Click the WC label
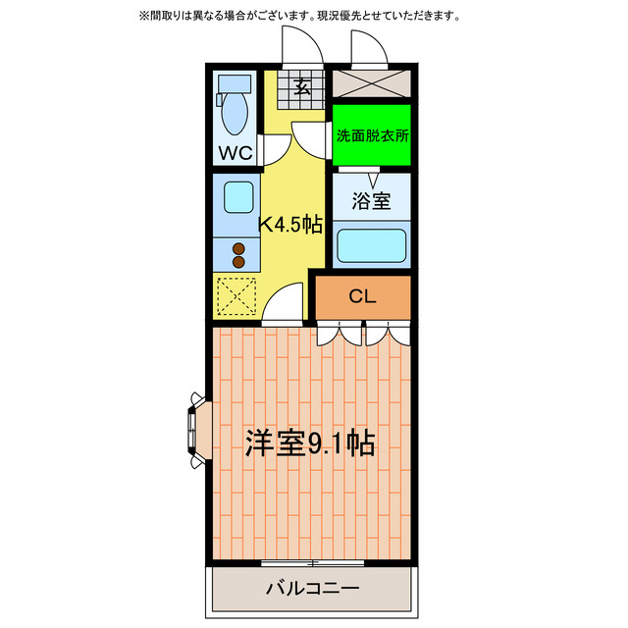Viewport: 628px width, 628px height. pyautogui.click(x=235, y=152)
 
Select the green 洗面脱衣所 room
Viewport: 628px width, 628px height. pyautogui.click(x=371, y=136)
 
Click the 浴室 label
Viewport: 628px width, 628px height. pyautogui.click(x=371, y=201)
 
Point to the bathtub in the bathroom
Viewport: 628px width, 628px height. pyautogui.click(x=371, y=245)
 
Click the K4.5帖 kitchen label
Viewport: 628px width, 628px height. pyautogui.click(x=290, y=224)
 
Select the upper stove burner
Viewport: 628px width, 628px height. pyautogui.click(x=238, y=249)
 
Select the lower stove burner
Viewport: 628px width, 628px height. pyautogui.click(x=238, y=263)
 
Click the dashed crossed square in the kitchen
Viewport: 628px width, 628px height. pyautogui.click(x=236, y=296)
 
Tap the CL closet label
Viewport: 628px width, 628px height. pyautogui.click(x=362, y=296)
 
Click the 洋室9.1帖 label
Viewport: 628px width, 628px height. pyautogui.click(x=309, y=444)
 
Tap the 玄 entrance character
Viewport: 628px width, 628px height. pyautogui.click(x=302, y=87)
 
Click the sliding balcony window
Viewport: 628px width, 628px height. pyautogui.click(x=313, y=563)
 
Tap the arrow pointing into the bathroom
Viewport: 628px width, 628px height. pyautogui.click(x=372, y=181)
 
